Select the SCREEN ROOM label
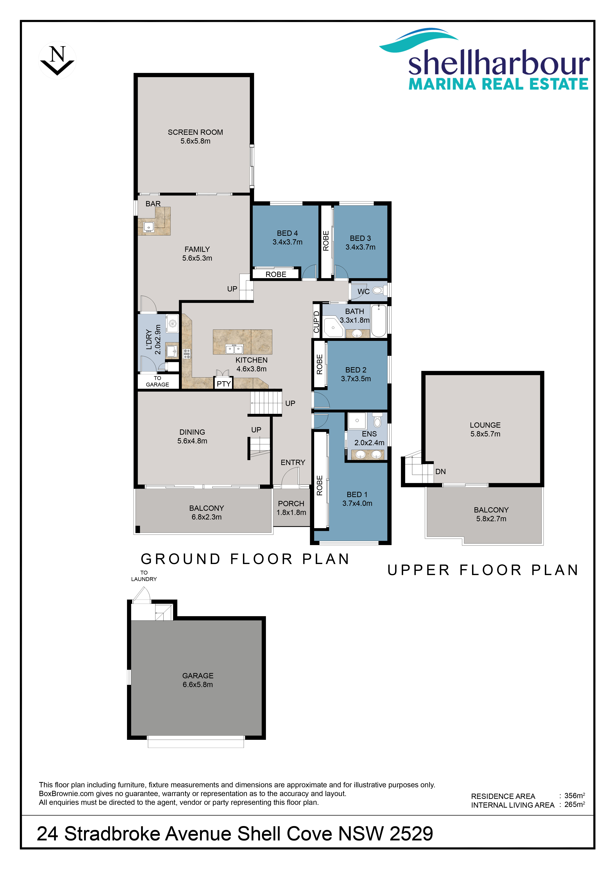click(x=195, y=132)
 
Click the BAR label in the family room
click(x=153, y=204)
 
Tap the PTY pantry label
click(x=223, y=384)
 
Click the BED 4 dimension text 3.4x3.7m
click(x=288, y=242)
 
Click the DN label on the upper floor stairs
click(x=440, y=472)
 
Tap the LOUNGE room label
click(x=485, y=425)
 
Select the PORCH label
click(x=291, y=503)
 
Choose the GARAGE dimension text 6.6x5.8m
click(x=198, y=684)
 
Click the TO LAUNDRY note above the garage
click(x=144, y=576)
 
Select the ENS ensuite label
click(x=369, y=434)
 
